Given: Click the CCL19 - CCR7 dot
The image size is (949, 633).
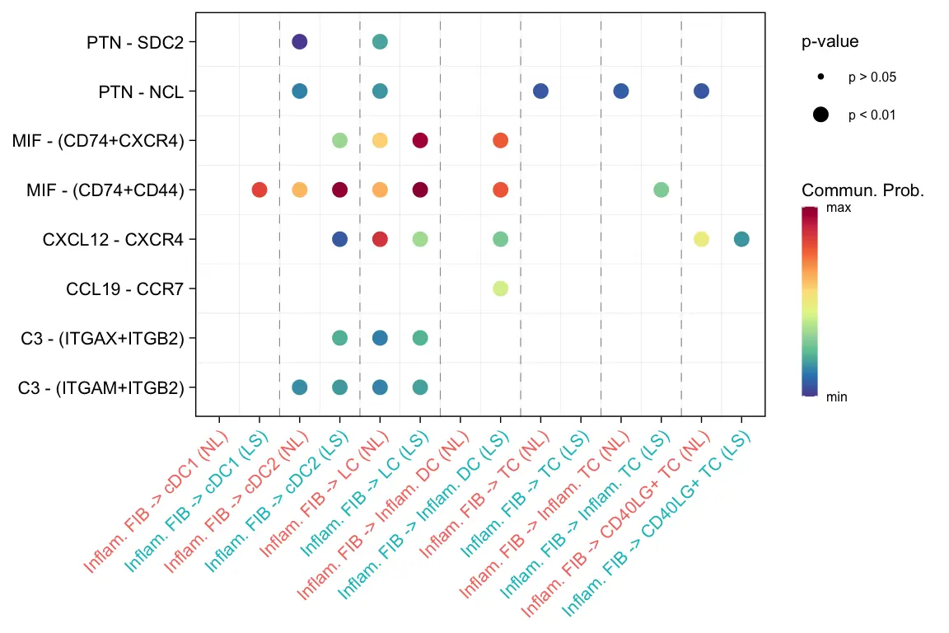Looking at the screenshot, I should tap(500, 288).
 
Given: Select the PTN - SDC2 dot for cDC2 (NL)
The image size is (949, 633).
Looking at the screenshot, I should tap(300, 41).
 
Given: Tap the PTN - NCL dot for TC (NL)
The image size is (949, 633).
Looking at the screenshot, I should tap(540, 91).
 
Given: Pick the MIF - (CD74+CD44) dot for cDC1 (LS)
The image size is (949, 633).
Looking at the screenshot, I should tap(259, 190).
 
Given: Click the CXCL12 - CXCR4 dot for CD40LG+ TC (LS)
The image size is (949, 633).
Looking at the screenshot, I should tap(741, 239).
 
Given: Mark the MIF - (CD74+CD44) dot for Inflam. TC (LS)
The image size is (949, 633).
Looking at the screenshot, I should tap(661, 190).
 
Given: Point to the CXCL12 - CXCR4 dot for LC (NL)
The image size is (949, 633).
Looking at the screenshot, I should tap(380, 239).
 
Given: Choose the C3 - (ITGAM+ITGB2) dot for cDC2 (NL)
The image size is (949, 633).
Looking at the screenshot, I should tap(300, 387).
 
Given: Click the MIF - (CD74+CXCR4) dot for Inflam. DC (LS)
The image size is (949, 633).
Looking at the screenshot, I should tap(500, 140).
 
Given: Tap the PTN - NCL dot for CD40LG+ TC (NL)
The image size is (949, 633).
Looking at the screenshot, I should tap(701, 91).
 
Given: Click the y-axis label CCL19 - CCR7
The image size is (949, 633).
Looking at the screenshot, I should tap(125, 289).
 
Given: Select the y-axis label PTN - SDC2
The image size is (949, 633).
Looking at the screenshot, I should tap(135, 42).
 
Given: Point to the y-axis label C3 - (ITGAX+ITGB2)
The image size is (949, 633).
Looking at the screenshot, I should tap(102, 339).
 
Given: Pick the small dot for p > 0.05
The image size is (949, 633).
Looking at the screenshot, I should tap(821, 77).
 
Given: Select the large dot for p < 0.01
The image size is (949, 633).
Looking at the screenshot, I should tap(821, 115).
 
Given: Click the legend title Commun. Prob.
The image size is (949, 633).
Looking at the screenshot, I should tap(863, 191).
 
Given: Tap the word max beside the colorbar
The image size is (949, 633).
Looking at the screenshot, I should tap(839, 209).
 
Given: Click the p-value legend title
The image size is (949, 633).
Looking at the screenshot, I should tap(830, 41).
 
